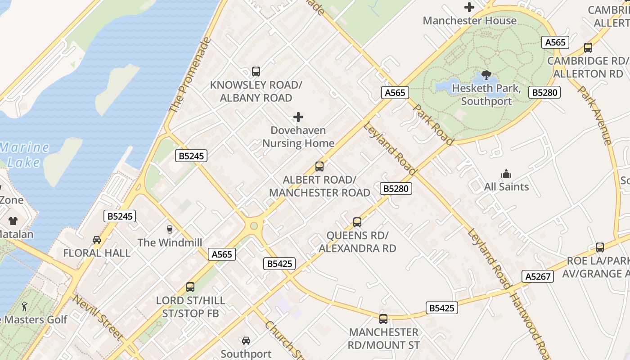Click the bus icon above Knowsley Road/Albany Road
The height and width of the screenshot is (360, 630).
pos(256,71)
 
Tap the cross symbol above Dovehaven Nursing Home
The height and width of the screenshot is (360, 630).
pos(298,117)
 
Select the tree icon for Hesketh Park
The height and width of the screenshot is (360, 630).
pos(486,75)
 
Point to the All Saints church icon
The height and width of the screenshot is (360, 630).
pos(506,174)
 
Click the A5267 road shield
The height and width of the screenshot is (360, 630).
pos(538,276)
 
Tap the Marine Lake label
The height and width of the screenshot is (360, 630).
pos(24,154)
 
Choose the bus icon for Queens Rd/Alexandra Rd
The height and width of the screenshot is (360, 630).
pos(357,222)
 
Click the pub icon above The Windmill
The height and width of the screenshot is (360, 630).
pos(169,229)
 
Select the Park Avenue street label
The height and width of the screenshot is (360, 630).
pos(595,115)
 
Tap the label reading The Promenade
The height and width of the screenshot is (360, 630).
pos(189,75)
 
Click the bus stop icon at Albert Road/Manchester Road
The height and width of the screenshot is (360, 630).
pos(319,166)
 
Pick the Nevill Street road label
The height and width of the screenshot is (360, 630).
pos(98,318)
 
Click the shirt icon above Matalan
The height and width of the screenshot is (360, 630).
pos(13,221)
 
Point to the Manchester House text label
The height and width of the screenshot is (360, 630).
pos(469,21)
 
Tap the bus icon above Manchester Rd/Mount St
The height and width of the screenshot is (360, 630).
pos(383,319)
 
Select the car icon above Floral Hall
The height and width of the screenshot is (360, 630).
pos(97,240)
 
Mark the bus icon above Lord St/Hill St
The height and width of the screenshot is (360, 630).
pos(190,287)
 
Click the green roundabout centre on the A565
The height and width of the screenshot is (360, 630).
pos(254,226)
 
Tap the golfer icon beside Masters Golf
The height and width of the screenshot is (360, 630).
pos(24,307)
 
